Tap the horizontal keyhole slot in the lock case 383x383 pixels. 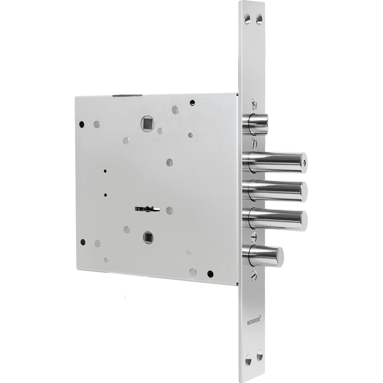click(x=147, y=209)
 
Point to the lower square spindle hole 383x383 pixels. click(x=148, y=237)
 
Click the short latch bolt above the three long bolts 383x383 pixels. click(x=255, y=124)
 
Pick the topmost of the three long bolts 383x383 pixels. click(x=275, y=162)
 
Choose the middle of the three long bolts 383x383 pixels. click(x=275, y=191)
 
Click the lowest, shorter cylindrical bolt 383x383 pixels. click(x=263, y=256)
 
